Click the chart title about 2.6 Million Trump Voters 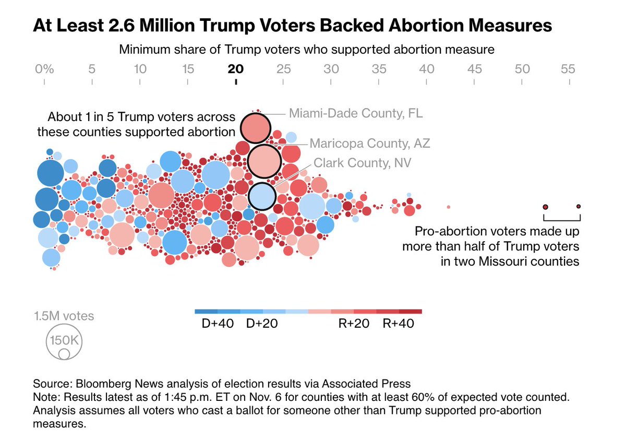pos(292,26)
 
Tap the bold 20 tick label pos(236,69)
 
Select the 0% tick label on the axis pos(44,69)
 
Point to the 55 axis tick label pos(568,69)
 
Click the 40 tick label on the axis pos(427,69)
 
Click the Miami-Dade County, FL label pos(356,113)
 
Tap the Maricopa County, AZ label pos(370,143)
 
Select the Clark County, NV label pos(362,163)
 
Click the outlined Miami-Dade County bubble pos(255,128)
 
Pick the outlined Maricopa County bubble pos(264,161)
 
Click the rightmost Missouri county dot pos(579,206)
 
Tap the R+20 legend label pos(354,324)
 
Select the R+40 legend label pos(399,324)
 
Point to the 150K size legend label pos(64,340)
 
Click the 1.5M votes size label pos(64,316)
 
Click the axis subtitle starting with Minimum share pos(307,50)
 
